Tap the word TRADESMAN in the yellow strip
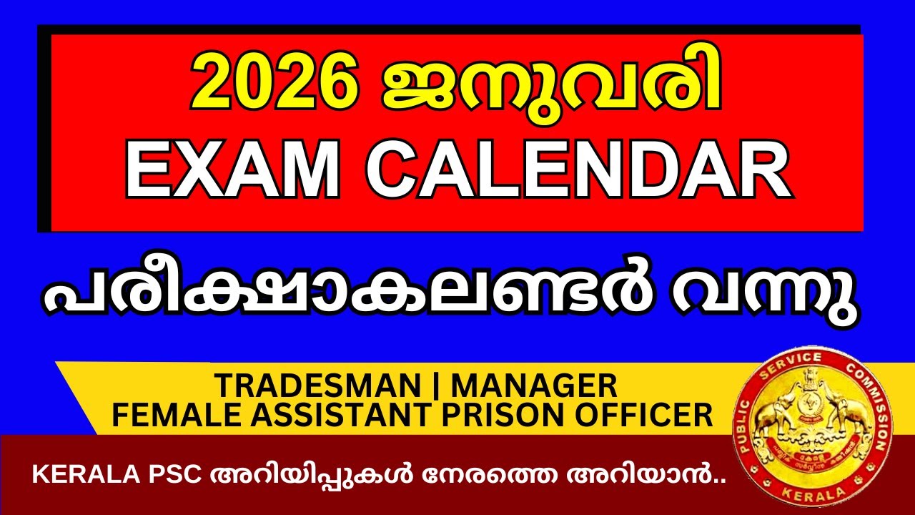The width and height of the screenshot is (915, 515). click(318, 386)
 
